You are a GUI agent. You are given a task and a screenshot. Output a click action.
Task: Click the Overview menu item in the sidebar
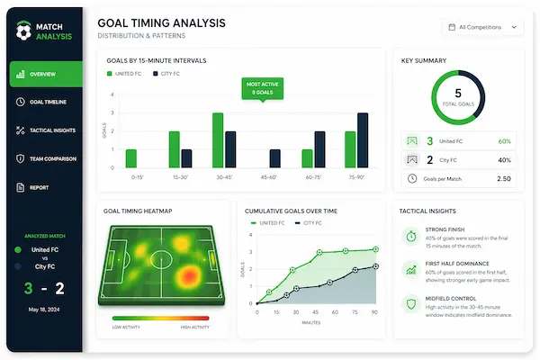(x=45, y=74)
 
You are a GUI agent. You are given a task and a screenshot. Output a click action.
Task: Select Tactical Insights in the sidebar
(x=50, y=130)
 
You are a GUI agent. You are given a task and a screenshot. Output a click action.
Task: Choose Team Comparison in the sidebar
(x=50, y=158)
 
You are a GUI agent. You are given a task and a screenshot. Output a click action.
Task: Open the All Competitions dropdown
(x=482, y=27)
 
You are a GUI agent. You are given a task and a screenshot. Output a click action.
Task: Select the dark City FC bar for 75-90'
(x=363, y=140)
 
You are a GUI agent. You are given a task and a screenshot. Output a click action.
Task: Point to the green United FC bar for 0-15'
(x=130, y=158)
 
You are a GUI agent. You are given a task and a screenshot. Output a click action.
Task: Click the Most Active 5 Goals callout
(x=263, y=88)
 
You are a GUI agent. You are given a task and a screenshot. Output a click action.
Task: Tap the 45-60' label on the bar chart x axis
(x=268, y=177)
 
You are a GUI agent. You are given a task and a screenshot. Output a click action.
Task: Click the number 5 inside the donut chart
(x=458, y=93)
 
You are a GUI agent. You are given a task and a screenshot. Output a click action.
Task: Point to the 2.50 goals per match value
(x=503, y=178)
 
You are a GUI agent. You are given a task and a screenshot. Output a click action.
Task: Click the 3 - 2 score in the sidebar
(x=45, y=288)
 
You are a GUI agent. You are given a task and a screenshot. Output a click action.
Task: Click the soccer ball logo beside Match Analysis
(x=23, y=31)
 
